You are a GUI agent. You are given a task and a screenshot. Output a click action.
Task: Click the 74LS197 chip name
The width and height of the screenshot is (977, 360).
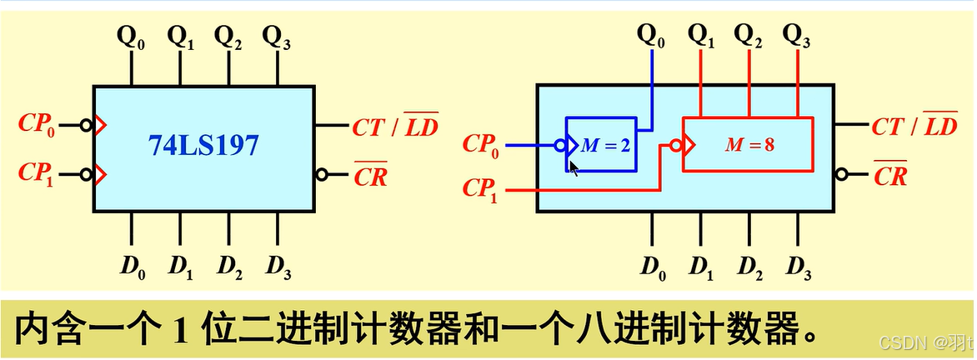click(x=204, y=147)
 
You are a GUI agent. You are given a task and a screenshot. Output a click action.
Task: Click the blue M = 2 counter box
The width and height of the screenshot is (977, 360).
click(x=602, y=144)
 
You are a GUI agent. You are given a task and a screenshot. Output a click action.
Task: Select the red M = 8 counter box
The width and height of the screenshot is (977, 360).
click(x=747, y=144)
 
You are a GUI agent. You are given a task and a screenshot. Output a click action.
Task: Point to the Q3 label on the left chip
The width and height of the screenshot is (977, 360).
click(x=274, y=37)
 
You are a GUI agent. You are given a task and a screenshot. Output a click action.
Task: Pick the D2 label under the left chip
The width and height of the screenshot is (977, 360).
click(x=230, y=266)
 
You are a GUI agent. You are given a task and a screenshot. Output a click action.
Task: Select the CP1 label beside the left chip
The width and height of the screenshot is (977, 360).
click(x=38, y=174)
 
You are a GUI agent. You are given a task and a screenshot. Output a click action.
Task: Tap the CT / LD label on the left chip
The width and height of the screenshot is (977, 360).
click(x=395, y=127)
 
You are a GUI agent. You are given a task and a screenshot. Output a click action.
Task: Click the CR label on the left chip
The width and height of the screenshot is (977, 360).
click(x=370, y=176)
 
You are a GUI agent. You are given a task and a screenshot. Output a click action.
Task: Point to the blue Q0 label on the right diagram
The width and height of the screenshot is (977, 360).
click(x=651, y=36)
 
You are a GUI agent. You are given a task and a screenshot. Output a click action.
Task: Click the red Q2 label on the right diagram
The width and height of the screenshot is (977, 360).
click(x=749, y=36)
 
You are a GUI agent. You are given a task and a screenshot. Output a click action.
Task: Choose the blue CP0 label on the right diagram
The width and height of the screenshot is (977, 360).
click(x=483, y=144)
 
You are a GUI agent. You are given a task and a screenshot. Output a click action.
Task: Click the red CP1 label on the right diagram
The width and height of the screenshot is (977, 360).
click(x=483, y=190)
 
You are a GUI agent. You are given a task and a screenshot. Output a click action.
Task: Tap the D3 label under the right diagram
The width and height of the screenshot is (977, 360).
click(x=798, y=267)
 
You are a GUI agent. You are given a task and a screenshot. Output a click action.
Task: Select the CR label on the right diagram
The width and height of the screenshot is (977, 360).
click(x=889, y=176)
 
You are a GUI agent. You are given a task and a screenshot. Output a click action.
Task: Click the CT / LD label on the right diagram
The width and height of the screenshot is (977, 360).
click(x=914, y=127)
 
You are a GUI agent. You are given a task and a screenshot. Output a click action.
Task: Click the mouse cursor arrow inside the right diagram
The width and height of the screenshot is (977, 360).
click(x=574, y=167)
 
